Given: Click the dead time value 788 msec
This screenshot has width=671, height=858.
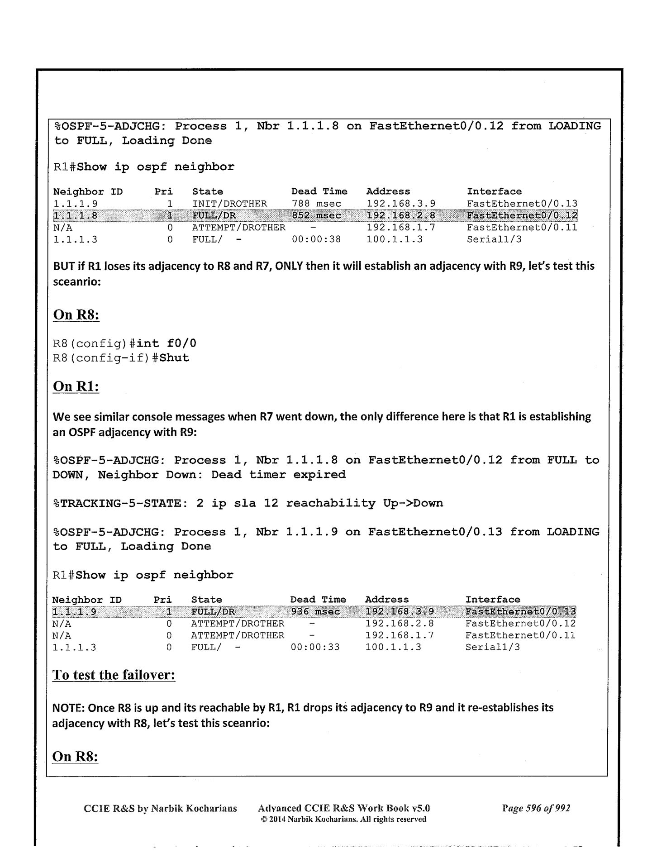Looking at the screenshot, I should tap(316, 204).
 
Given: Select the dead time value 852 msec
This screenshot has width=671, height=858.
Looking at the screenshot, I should tap(316, 216).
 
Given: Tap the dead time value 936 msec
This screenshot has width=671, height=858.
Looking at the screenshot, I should tap(315, 612).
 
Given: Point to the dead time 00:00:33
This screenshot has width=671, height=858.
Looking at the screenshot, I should tap(315, 647).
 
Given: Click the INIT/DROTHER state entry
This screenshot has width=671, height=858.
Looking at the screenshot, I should tap(229, 204).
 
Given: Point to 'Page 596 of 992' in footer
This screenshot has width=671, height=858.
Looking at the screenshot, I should tap(536, 808).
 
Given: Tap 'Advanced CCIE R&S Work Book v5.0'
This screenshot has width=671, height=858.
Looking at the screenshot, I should tap(343, 808).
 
